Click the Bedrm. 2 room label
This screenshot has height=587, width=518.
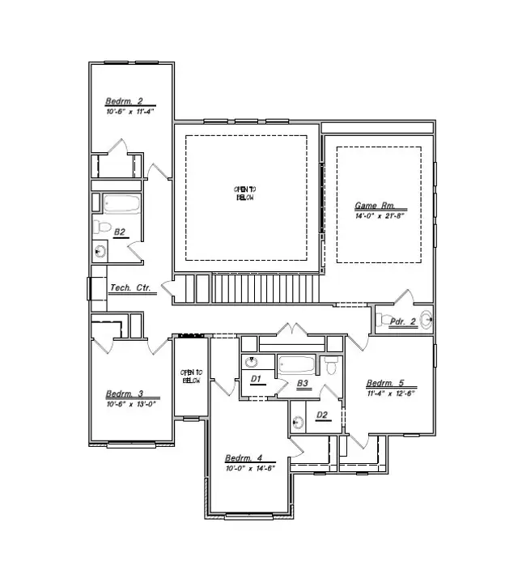123,102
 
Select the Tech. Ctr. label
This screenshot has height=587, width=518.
130,287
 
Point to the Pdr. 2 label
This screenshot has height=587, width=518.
403,321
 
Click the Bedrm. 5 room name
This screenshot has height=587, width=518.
385,384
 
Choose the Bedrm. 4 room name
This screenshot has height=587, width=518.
243,458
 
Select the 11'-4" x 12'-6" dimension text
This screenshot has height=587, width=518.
390,394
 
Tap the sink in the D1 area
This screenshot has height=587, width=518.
251,362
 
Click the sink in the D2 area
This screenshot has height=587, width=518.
299,421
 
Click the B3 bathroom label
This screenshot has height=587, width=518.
303,384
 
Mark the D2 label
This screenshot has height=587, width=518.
321,415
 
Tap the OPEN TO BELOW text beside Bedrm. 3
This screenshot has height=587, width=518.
191,376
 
